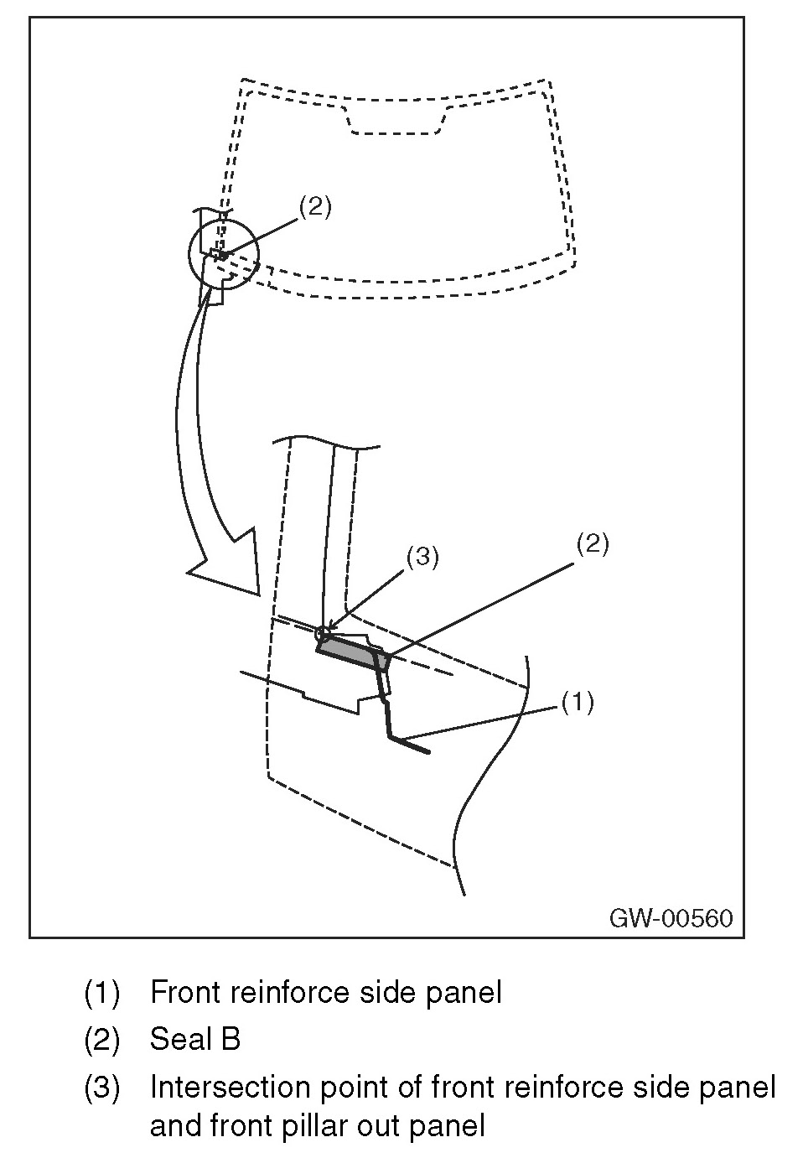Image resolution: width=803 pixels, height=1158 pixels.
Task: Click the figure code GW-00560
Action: [x=671, y=917]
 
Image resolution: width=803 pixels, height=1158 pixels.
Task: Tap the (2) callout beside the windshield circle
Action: [x=315, y=206]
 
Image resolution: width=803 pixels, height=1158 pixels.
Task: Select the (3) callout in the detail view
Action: [x=422, y=558]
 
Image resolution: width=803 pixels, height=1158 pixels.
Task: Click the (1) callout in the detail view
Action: [x=578, y=701]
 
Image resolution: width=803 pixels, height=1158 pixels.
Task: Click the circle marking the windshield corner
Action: [x=223, y=255]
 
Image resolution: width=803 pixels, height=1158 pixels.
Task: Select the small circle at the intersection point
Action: [x=324, y=633]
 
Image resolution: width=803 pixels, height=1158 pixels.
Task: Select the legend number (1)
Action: [x=102, y=993]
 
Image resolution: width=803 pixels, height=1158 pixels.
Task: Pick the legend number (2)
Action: [x=102, y=1040]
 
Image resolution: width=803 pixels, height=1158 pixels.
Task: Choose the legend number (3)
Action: [x=102, y=1088]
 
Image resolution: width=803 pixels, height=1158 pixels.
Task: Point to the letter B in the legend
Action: [x=231, y=1040]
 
